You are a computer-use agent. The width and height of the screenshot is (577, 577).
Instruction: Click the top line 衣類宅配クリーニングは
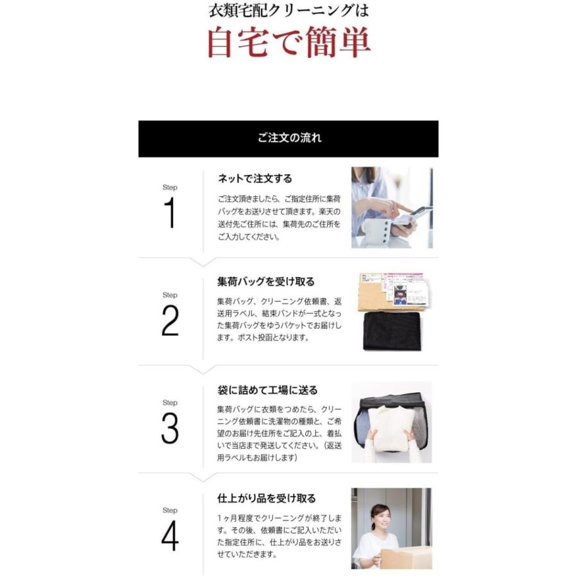pos(288,11)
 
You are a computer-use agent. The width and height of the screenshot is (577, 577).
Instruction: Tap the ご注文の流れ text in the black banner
pos(289,138)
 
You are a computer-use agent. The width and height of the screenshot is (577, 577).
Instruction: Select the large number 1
pos(170,213)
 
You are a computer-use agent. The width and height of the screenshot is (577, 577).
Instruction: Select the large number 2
pos(170,321)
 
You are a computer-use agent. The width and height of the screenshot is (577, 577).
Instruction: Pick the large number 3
pos(170,429)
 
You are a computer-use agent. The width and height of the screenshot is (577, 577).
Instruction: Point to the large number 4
pos(170,537)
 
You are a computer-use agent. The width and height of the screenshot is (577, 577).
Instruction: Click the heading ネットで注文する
pos(255,178)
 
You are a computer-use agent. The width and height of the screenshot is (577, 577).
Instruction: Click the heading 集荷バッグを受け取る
pos(266,281)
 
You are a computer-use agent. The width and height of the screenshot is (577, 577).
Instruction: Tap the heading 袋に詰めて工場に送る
pos(267,390)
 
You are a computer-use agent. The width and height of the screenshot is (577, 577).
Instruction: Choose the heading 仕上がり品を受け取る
pos(267,498)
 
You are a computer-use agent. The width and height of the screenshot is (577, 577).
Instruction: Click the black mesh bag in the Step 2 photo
pos(392,331)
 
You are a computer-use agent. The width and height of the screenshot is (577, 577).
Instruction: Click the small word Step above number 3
pos(170,403)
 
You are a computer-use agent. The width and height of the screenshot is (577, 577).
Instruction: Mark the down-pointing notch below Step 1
pos(203,262)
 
